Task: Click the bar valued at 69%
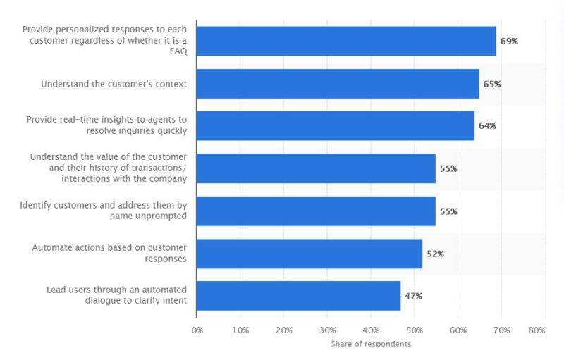coord(345,41)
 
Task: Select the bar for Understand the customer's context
coord(337,83)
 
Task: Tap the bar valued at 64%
coord(335,125)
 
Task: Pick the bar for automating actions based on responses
coord(309,254)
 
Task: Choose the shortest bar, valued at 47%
coord(298,296)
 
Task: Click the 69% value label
coord(509,42)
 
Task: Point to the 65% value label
coord(491,84)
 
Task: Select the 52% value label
coord(435,254)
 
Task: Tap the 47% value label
coord(413,296)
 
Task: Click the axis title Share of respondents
coord(371,344)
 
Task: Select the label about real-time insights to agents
coord(106,125)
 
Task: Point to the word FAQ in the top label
coord(178,51)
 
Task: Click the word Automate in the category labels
coord(51,249)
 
